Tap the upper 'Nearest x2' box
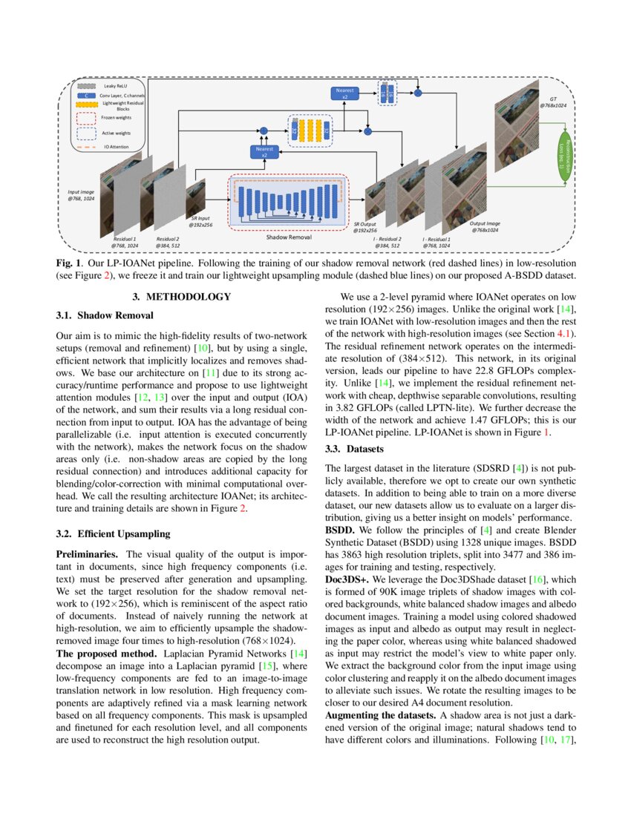pos(344,93)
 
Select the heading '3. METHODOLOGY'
pos(181,297)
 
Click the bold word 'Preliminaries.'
pos(88,554)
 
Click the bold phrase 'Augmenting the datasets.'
pos(380,714)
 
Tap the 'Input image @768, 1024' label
pos(81,195)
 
